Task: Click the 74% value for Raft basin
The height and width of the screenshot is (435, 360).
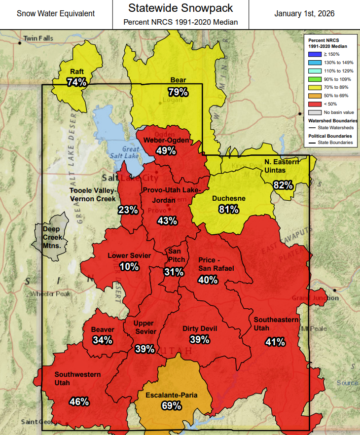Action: pyautogui.click(x=77, y=82)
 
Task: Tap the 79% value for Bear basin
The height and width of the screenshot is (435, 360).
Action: pyautogui.click(x=178, y=92)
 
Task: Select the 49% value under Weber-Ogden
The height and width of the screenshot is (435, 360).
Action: pyautogui.click(x=166, y=151)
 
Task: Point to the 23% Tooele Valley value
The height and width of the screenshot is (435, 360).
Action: pyautogui.click(x=128, y=210)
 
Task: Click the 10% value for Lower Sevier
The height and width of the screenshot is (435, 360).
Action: pyautogui.click(x=129, y=266)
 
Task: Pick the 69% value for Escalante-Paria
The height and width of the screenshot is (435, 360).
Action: pyautogui.click(x=171, y=406)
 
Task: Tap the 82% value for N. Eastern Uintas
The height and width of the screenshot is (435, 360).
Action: pyautogui.click(x=283, y=185)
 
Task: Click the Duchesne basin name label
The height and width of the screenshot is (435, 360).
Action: pyautogui.click(x=228, y=198)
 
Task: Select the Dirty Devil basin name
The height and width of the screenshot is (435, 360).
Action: pyautogui.click(x=200, y=328)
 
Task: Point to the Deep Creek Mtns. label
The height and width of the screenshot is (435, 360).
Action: pyautogui.click(x=51, y=237)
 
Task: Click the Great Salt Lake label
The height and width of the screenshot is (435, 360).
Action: pyautogui.click(x=131, y=152)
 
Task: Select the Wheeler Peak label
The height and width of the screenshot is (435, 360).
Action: pyautogui.click(x=50, y=293)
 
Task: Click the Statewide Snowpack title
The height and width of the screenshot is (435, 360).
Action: pyautogui.click(x=180, y=8)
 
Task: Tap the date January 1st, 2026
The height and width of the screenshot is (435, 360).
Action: pyautogui.click(x=304, y=14)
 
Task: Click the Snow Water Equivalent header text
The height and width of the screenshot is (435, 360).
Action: pyautogui.click(x=56, y=14)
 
